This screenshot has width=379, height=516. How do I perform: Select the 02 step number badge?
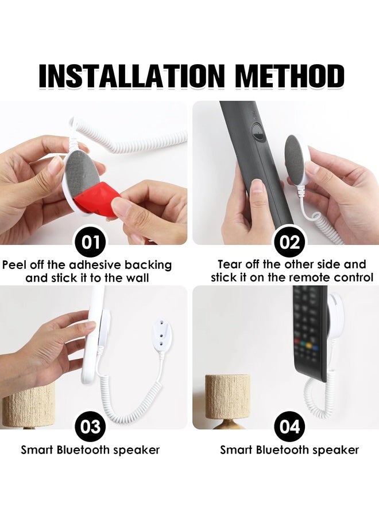pos(289,241)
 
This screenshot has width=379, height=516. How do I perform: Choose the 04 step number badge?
pos(289,427)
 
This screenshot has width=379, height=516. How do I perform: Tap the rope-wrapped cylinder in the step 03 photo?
pos(29,404)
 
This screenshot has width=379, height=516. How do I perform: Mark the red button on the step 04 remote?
pos(298,346)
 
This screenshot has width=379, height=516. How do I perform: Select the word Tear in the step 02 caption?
pos(230,264)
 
